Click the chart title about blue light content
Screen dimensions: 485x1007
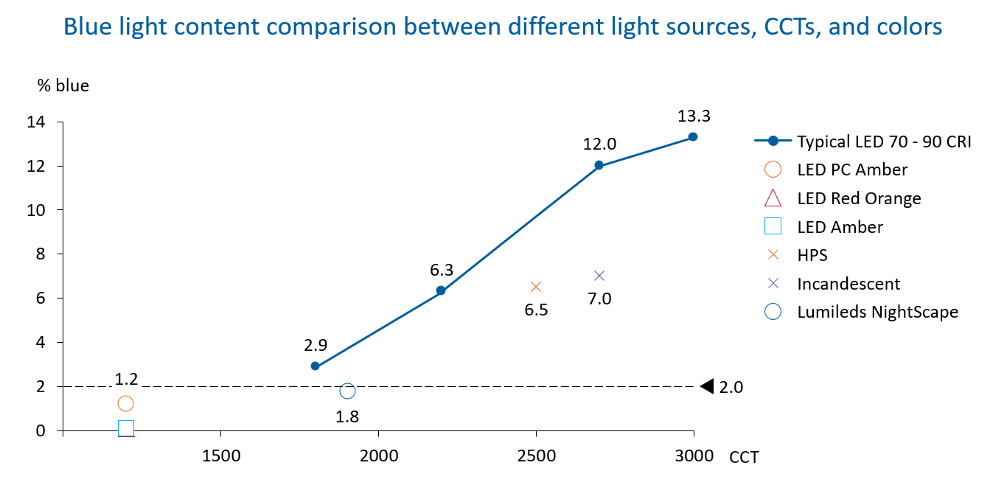click(x=503, y=27)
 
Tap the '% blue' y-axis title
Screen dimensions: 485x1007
click(x=63, y=86)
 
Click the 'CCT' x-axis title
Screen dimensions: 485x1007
click(x=744, y=458)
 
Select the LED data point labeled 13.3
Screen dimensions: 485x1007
click(x=693, y=137)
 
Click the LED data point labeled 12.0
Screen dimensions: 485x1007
click(x=599, y=165)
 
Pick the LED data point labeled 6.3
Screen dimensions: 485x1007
click(x=441, y=290)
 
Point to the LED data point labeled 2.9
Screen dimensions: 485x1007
click(x=316, y=366)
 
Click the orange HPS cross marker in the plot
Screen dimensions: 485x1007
click(x=536, y=287)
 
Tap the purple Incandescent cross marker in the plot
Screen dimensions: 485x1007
click(x=599, y=276)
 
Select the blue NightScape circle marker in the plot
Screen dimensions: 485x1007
click(x=347, y=391)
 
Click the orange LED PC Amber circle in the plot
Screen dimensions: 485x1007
click(x=125, y=404)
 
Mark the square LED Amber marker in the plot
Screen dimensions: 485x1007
click(x=126, y=428)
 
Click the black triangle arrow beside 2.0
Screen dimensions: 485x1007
click(x=707, y=386)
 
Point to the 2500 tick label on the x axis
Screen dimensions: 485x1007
click(x=536, y=456)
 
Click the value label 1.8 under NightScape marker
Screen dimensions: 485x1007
click(x=346, y=416)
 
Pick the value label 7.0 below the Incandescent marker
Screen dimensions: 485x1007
click(x=599, y=299)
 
